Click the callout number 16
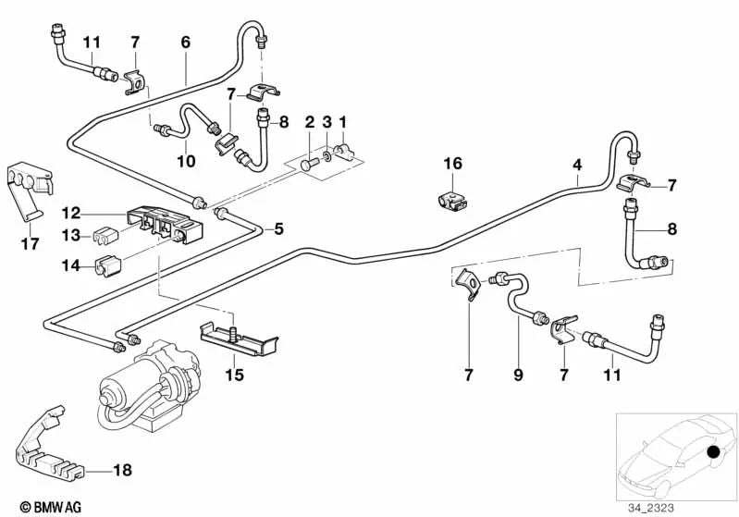[451, 164]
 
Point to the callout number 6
[185, 43]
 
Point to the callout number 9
[518, 376]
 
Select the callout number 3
[326, 122]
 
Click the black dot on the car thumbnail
[712, 452]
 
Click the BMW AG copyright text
[34, 508]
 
